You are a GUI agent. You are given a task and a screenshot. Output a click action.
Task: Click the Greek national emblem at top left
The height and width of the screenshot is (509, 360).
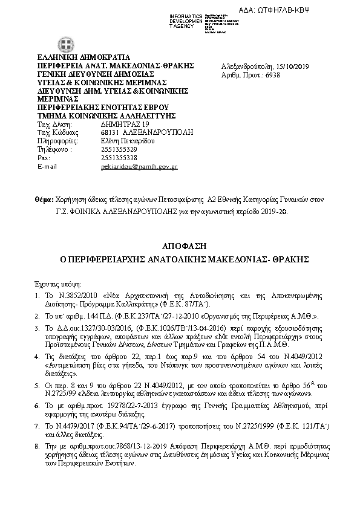(x=62, y=45)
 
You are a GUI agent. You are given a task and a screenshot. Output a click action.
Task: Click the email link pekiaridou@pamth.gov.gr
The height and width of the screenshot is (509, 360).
(x=139, y=166)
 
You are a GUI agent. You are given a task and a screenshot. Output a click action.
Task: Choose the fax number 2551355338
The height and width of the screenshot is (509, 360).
(x=119, y=158)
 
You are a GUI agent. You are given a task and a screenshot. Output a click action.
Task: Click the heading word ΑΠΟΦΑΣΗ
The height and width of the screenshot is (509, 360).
(x=180, y=247)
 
